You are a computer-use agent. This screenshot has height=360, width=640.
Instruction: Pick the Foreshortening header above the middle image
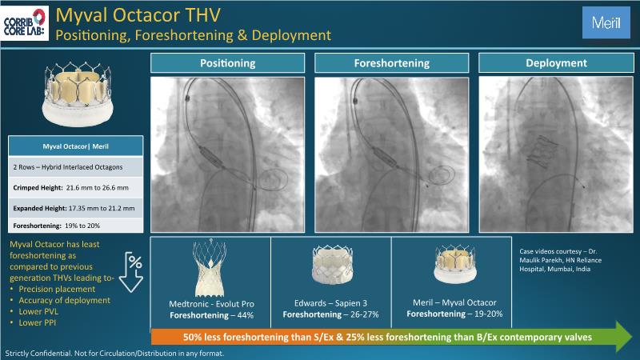point(391,63)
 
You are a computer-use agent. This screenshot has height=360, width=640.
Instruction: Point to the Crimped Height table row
point(75,186)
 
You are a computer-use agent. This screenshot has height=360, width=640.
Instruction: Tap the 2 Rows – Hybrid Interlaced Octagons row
point(75,166)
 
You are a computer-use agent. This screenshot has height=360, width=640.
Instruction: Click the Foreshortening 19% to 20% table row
point(75,226)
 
